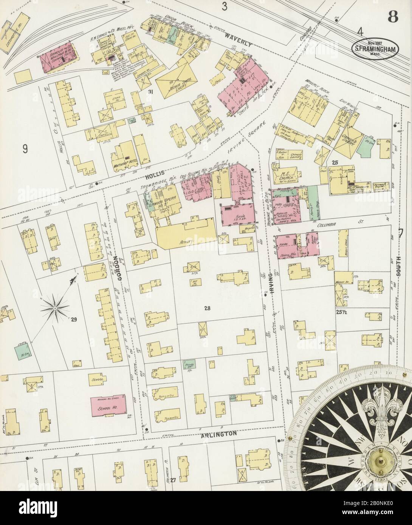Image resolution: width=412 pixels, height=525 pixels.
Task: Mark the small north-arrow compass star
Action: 55,308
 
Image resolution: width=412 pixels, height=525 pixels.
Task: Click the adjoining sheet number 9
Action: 25,148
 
